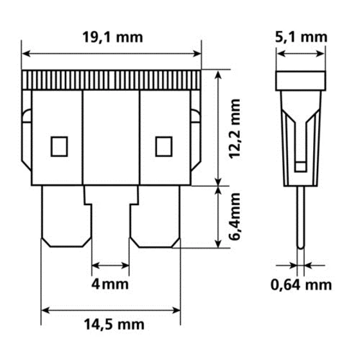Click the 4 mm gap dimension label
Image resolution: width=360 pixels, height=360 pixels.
[110, 284]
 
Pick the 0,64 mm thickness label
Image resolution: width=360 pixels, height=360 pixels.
[301, 285]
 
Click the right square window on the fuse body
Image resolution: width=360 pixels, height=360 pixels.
[164, 146]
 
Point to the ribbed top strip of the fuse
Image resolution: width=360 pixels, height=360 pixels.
[111, 80]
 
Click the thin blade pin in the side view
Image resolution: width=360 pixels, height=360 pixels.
[301, 216]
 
